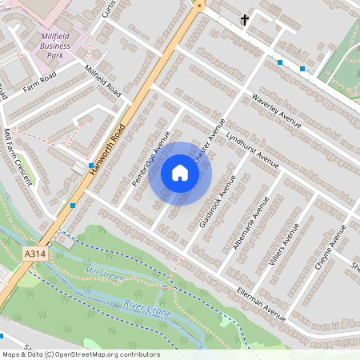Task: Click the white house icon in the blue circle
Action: point(180,173)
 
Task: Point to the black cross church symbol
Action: point(244,18)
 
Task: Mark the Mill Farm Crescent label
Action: point(18,156)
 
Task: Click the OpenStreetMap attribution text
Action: point(80,354)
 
